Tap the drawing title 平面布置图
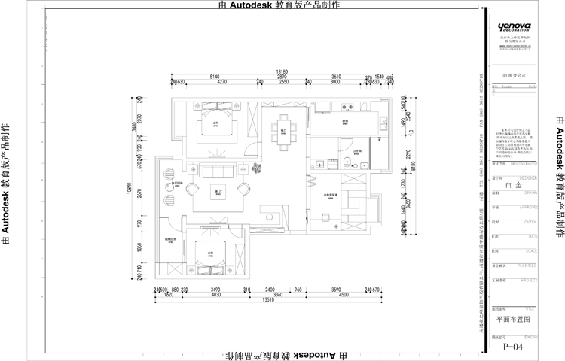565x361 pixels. click(x=509, y=319)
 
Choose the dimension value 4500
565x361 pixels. click(x=344, y=295)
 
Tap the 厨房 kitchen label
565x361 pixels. click(x=344, y=120)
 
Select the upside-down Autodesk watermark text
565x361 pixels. click(x=290, y=355)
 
